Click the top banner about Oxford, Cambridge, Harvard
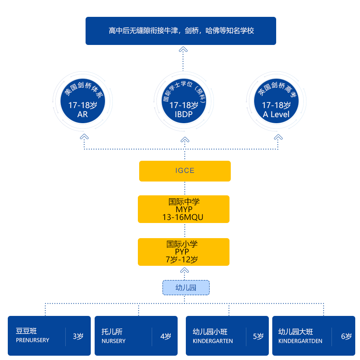coord(181,31)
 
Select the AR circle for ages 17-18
coord(83,102)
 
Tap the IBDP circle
coord(184,102)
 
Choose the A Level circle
coord(276,102)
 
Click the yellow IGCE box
coord(185,171)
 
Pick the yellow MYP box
coord(183,209)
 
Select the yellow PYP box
coord(183,252)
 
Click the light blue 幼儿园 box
coord(186,287)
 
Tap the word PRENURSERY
coord(32,340)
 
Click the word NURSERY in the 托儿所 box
coord(113,341)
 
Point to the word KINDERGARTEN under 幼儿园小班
coord(213,341)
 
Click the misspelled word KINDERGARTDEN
coord(300,341)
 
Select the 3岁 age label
coord(78,336)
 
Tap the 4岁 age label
coord(166,336)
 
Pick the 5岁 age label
coord(258,336)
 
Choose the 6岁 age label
coord(346,336)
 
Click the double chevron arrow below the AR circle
coord(85,137)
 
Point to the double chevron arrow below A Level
coord(278,137)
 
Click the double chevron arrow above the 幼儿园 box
coord(185,271)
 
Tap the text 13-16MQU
coord(183,217)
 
